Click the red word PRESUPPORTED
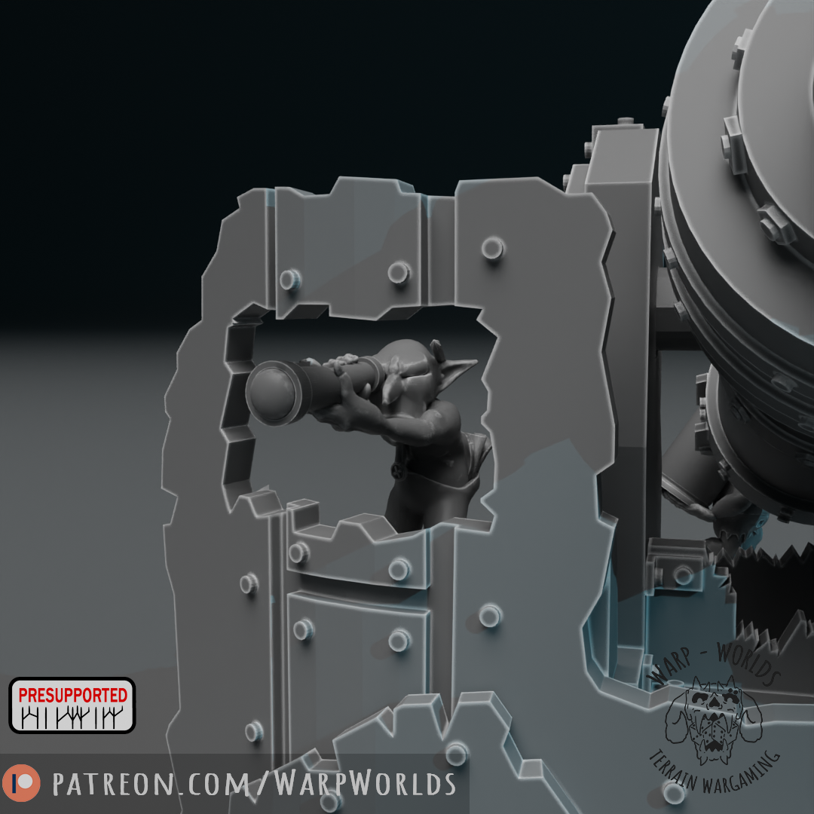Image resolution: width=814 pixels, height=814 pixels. point(72,695)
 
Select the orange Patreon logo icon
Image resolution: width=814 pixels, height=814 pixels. point(21,783)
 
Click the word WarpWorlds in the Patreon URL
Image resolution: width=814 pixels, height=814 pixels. point(365,783)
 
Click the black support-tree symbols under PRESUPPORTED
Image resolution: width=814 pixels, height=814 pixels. point(72,718)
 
